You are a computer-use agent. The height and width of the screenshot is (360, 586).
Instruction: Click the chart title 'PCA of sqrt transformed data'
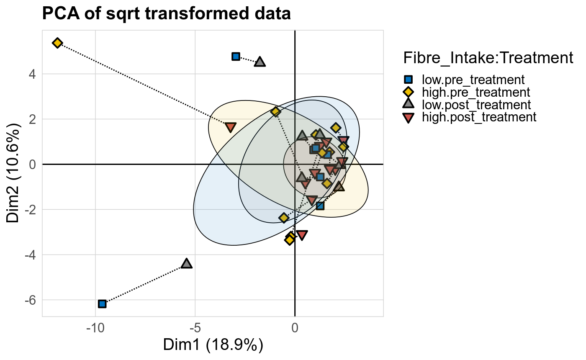point(166,14)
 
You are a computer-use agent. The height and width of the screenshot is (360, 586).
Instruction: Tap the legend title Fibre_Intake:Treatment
point(488,58)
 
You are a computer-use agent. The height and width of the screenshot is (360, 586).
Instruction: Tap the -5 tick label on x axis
point(195,328)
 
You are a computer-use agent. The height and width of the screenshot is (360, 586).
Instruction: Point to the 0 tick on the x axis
point(295,328)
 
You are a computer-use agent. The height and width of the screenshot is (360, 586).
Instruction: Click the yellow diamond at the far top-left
point(57,43)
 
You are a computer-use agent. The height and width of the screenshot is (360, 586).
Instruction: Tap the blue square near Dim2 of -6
point(102,304)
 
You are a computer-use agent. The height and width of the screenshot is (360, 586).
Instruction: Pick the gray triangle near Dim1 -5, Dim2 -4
point(187,264)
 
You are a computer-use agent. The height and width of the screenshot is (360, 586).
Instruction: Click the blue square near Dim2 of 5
point(236,57)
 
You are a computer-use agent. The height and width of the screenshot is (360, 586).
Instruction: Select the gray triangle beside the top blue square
point(260,62)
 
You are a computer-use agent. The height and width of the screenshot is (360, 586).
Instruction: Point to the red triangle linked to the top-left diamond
point(231,127)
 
